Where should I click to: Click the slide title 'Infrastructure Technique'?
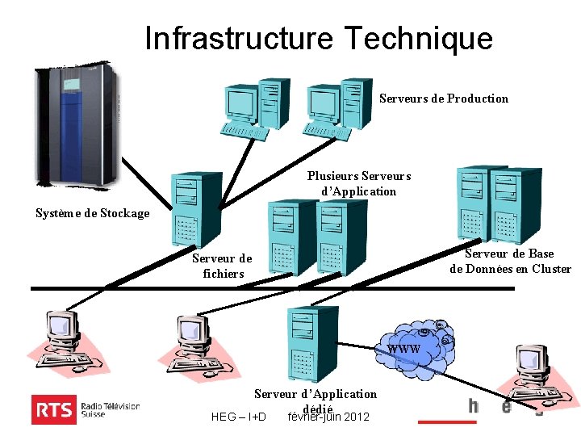coord(318,38)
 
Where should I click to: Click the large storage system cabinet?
coord(77,128)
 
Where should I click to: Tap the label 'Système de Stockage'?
coord(93,213)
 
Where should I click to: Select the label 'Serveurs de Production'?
coord(444,99)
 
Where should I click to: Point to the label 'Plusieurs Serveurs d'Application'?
coord(359,183)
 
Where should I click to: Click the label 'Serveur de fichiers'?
coord(222,266)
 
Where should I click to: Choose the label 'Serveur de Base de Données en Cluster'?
coord(510,262)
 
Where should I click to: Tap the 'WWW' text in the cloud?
coord(403,349)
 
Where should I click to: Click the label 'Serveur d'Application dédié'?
coord(316,400)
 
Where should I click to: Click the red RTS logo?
coord(53,409)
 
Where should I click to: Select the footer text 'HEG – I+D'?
coord(238,417)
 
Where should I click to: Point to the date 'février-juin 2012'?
coord(328,417)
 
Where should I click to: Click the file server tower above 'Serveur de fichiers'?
coord(196,208)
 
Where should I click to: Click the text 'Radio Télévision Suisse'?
coord(111,409)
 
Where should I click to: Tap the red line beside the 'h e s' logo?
coord(447,421)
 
